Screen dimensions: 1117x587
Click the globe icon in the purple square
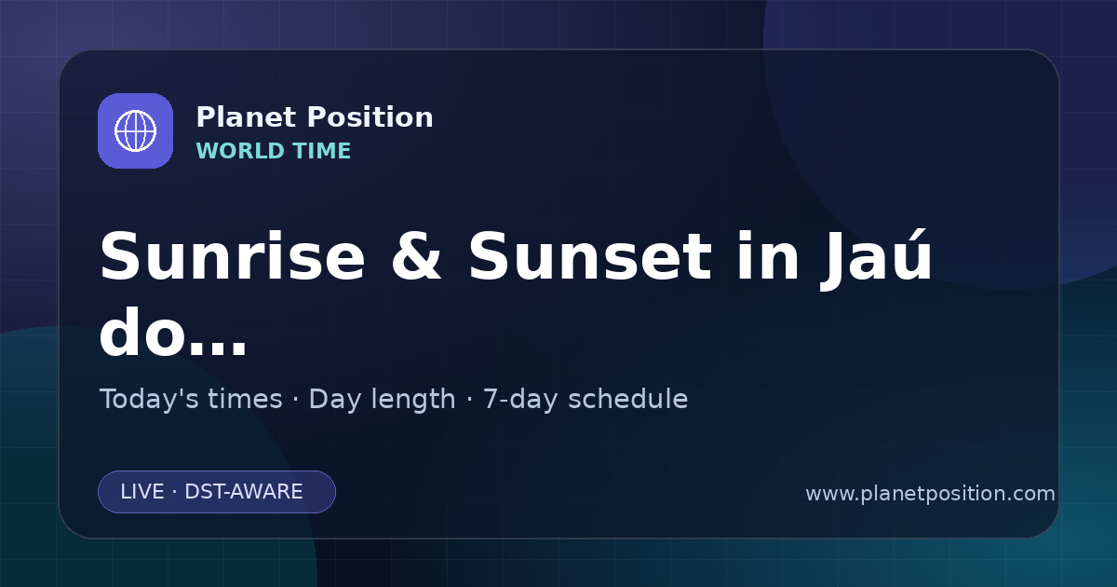[135, 130]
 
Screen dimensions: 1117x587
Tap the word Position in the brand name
[370, 117]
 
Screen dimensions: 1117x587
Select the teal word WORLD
[239, 151]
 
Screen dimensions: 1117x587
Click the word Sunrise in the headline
[232, 256]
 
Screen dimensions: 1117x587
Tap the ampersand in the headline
[416, 256]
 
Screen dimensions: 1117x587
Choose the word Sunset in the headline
[590, 256]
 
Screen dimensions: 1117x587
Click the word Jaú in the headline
[876, 260]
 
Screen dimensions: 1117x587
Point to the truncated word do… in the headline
[172, 332]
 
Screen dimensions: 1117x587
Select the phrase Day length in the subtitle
[382, 400]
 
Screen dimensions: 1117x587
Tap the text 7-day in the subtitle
[520, 400]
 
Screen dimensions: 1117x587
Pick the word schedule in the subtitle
[627, 399]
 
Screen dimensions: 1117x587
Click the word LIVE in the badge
[142, 492]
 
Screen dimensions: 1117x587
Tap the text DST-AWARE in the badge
[243, 492]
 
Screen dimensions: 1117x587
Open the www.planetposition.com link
[930, 494]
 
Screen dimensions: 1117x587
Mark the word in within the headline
[768, 256]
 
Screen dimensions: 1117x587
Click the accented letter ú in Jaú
[905, 255]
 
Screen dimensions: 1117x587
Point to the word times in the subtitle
[245, 399]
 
